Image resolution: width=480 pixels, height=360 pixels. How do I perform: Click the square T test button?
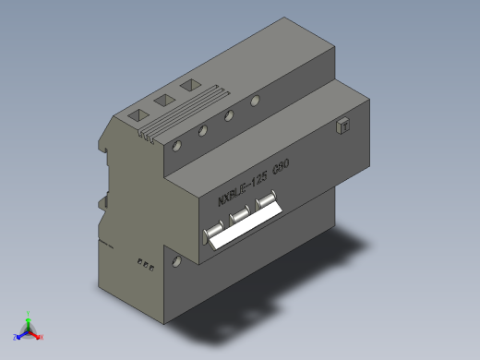click(x=343, y=126)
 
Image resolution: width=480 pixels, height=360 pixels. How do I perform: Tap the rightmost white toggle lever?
click(x=268, y=200)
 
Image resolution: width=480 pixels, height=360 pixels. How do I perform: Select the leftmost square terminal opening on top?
click(x=137, y=114)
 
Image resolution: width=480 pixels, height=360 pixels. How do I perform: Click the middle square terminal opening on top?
click(x=164, y=99)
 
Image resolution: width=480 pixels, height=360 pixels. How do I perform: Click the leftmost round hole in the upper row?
click(x=177, y=145)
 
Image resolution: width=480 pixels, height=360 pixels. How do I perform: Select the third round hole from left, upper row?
click(x=228, y=116)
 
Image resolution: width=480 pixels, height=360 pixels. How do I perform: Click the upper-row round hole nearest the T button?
click(x=255, y=101)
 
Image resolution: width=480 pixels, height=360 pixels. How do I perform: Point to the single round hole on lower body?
click(x=176, y=261)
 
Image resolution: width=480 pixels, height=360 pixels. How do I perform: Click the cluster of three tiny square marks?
click(x=144, y=264)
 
